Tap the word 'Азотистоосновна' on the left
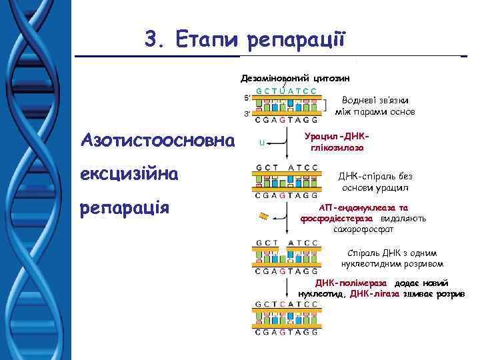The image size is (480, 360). (157, 141)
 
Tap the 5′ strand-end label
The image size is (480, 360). (246, 97)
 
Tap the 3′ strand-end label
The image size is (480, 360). (246, 114)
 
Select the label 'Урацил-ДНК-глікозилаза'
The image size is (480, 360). (336, 141)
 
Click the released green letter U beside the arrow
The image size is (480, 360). (261, 141)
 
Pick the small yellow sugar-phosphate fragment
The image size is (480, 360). (264, 215)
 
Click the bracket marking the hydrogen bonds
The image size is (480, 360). (325, 105)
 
